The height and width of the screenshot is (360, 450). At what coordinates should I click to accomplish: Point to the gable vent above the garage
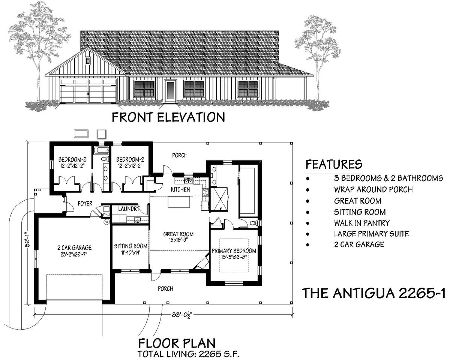(88, 60)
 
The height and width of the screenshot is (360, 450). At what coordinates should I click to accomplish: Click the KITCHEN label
(180, 190)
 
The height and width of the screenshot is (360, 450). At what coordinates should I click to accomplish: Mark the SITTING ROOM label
(130, 246)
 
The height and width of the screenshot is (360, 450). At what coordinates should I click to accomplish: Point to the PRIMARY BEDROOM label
(234, 251)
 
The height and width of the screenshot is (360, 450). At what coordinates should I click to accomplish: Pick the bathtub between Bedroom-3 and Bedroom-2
(101, 151)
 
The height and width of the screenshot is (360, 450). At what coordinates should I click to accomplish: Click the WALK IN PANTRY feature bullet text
(361, 223)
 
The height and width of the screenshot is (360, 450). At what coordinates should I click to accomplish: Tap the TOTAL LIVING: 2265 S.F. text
(189, 353)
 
